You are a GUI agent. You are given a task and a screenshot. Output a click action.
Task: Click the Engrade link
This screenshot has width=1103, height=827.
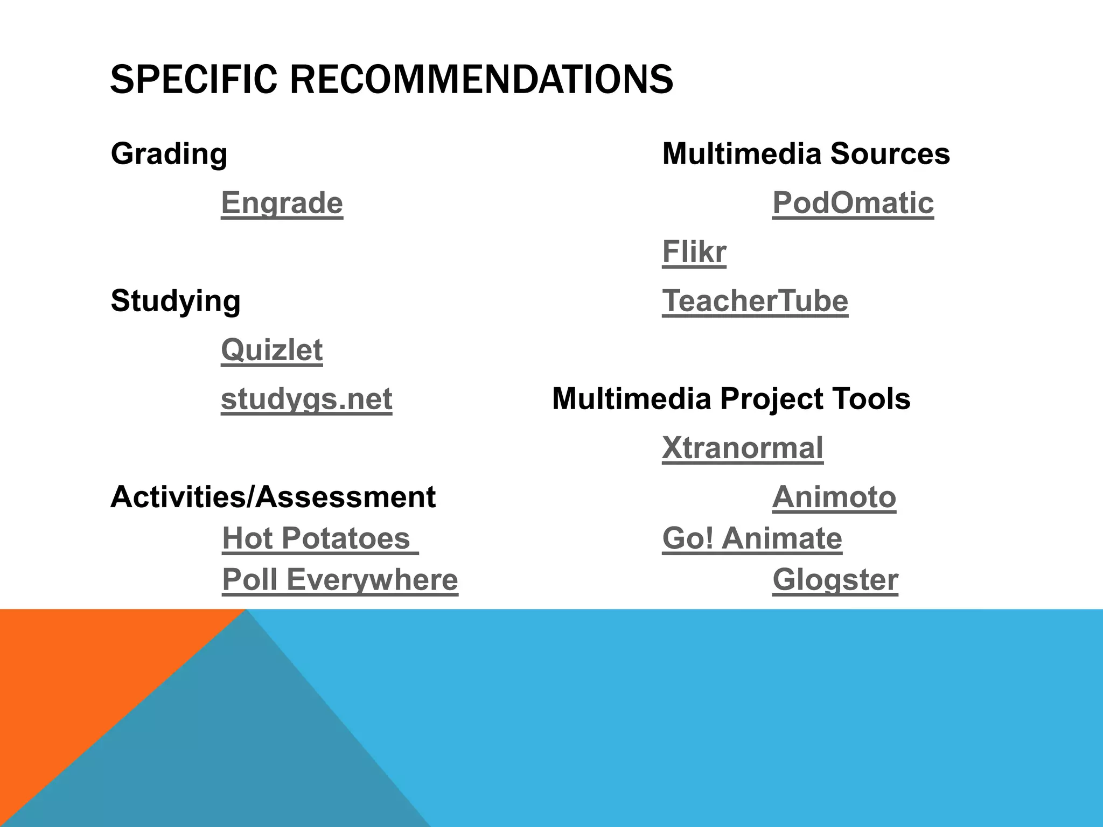coord(282,203)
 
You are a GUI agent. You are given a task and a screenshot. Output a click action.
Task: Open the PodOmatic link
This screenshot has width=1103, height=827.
coord(853,203)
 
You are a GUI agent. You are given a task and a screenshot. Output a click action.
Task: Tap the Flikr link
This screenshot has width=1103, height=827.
coord(694,252)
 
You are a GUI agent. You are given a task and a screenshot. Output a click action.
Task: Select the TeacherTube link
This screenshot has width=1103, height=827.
coord(755,301)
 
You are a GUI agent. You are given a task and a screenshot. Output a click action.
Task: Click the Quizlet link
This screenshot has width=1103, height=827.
coord(272,350)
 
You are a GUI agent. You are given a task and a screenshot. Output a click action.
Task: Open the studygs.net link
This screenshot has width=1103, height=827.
coord(306,399)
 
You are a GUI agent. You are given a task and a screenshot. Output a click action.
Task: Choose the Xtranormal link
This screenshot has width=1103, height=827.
coord(743,448)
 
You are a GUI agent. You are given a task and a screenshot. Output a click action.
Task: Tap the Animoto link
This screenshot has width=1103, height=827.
coord(834,497)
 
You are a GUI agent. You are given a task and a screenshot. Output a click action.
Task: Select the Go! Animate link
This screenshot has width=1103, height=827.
coord(752,538)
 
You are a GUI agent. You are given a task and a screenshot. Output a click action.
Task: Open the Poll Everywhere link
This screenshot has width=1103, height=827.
coord(340,580)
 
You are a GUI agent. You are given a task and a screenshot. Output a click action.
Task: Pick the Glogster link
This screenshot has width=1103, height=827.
coord(835,580)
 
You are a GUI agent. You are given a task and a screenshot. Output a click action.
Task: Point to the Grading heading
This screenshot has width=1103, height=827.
coord(169,154)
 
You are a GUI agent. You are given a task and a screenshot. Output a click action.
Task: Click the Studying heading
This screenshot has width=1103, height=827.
coord(176,301)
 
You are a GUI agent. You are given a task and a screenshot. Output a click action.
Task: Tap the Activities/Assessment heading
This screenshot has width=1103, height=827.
coord(273,497)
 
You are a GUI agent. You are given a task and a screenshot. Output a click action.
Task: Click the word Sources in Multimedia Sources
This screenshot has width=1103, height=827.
coord(890,154)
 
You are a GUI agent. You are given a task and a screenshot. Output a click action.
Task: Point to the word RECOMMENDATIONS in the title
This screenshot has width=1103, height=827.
coord(481,80)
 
